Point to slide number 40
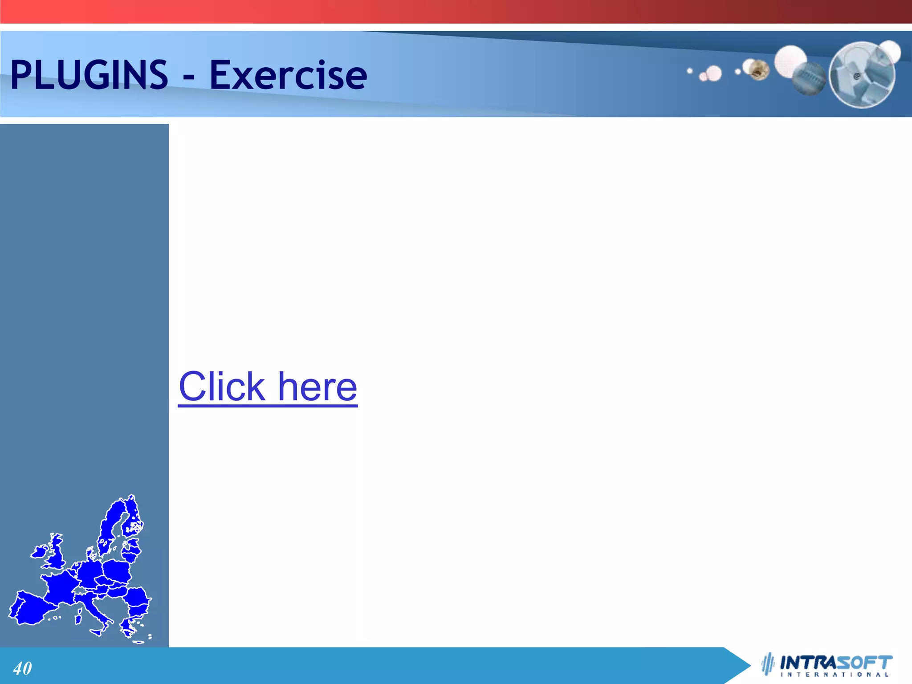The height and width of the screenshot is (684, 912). (22, 668)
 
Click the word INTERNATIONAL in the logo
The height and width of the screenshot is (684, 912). (835, 675)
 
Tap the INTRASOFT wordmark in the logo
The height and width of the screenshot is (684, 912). (836, 662)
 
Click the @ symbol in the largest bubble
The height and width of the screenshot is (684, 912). (856, 77)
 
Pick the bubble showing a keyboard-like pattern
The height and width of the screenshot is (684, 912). (809, 78)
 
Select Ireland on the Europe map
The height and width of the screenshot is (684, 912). (39, 552)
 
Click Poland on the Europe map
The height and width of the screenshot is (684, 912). (117, 571)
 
